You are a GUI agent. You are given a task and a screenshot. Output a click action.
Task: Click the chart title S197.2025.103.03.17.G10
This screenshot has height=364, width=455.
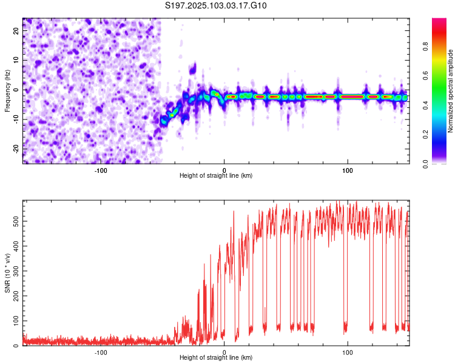[x=215, y=5]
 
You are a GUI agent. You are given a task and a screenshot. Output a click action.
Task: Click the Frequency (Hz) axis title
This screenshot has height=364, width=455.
[x=7, y=91]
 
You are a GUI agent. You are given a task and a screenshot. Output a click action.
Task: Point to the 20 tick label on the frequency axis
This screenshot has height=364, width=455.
[x=16, y=30]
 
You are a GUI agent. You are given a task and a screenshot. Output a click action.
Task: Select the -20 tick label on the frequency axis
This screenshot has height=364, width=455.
[x=16, y=149]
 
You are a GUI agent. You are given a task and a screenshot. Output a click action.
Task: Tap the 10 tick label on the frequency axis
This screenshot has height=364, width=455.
[x=16, y=60]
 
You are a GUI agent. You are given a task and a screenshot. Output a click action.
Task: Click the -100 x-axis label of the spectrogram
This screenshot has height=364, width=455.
[x=101, y=170]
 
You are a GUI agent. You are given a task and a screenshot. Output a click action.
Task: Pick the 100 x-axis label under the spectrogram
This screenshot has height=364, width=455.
[x=348, y=170]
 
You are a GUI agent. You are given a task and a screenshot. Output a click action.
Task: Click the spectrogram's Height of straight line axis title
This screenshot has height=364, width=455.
[x=216, y=175]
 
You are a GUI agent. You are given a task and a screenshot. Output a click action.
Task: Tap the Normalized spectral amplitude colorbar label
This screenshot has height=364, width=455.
[x=450, y=91]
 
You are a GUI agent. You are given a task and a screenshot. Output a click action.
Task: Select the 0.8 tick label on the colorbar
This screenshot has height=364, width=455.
[x=425, y=47]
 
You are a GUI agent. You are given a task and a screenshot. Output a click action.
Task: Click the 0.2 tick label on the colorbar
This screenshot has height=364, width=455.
[x=425, y=135]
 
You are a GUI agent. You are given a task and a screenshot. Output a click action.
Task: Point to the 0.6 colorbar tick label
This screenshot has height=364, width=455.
[x=425, y=76]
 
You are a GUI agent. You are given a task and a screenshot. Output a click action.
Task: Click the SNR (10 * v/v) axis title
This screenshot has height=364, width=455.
[x=7, y=273]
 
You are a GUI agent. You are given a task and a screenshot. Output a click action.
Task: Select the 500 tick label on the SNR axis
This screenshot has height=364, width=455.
[x=16, y=221]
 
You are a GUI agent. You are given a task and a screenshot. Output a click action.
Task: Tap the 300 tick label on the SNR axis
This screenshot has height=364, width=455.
[x=16, y=271]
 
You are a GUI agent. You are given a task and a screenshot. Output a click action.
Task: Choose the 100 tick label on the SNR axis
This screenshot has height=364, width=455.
[x=16, y=321]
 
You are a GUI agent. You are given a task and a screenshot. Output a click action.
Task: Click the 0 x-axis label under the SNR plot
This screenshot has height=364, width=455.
[x=224, y=352]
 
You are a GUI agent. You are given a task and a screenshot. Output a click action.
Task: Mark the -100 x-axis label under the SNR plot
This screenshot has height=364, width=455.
[x=101, y=352]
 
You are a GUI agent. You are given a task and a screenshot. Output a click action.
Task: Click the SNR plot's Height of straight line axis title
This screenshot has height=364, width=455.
[x=216, y=357]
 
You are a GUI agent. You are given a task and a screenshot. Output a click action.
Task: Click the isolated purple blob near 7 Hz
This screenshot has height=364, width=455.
[x=193, y=69]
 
